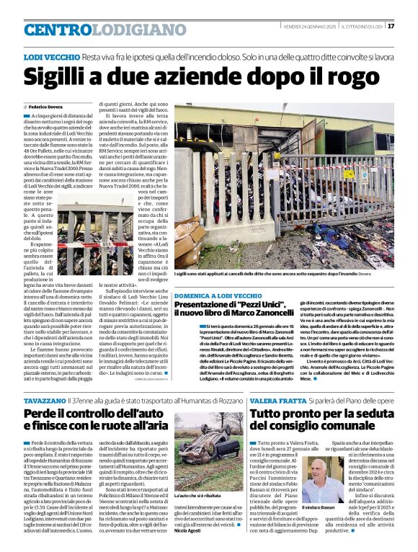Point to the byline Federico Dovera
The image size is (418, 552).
pyautogui.click(x=47, y=106)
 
